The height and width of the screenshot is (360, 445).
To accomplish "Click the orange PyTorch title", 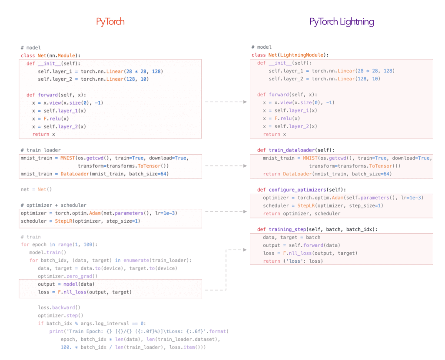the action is point(110,22).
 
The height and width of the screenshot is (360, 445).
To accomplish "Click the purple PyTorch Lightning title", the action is point(342,22).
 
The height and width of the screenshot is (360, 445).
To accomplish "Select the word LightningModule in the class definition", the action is point(302,55).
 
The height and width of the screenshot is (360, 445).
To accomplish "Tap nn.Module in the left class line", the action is point(62,56).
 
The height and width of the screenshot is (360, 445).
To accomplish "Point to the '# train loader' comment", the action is point(40,150).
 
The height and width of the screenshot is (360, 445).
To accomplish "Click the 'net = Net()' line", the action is point(37,189).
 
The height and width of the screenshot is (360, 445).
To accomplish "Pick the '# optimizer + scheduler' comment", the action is point(53,205).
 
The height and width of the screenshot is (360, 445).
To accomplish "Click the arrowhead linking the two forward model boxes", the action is point(245,102).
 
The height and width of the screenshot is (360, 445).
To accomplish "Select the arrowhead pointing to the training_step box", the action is point(245,250).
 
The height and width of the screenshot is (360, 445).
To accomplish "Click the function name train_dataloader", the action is point(292,150).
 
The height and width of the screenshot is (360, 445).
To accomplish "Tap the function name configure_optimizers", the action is point(297,190).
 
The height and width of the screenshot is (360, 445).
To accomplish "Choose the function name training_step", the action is point(288,229).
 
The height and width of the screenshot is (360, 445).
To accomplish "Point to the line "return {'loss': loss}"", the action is point(293,261).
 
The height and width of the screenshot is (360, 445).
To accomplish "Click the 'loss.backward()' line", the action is point(59,307).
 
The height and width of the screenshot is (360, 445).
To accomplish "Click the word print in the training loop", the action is point(56,331).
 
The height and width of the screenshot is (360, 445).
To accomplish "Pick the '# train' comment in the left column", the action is point(31,237).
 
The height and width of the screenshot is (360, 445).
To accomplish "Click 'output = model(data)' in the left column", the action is point(66,284).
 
